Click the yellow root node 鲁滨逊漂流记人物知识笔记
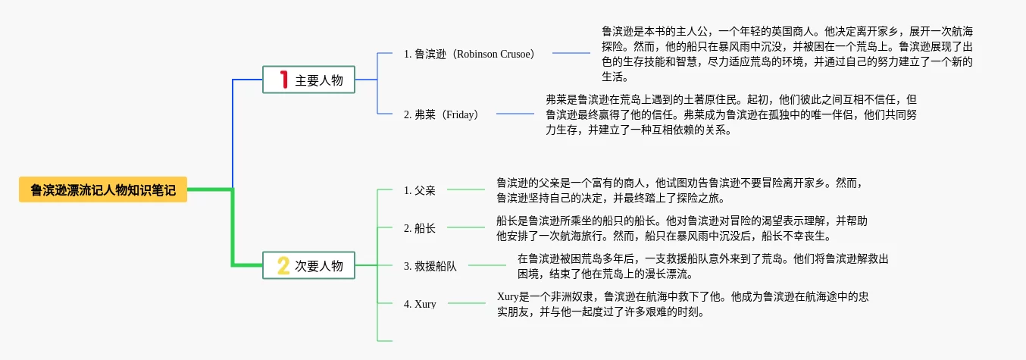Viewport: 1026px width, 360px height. (x=103, y=189)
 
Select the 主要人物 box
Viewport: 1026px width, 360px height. (x=308, y=80)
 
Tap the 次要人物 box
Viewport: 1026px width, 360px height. (x=308, y=265)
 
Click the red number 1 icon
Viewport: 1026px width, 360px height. (x=284, y=80)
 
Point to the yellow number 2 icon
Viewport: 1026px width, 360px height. (x=283, y=266)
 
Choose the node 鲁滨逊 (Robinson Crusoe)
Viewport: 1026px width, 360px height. (x=468, y=54)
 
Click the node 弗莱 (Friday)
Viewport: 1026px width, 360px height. (x=440, y=114)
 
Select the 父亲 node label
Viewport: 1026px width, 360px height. (x=420, y=190)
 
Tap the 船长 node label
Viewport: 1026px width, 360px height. (x=420, y=228)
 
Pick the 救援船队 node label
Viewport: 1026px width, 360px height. (x=430, y=266)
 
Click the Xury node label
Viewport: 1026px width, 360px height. (x=420, y=304)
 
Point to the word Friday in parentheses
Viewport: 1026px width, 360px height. (x=459, y=114)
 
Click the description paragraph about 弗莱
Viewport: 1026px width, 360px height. (x=731, y=114)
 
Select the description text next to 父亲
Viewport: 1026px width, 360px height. (x=680, y=190)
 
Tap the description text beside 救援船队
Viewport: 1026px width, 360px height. (x=703, y=266)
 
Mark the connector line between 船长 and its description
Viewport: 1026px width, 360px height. (x=466, y=227)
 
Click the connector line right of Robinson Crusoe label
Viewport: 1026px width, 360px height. (x=571, y=53)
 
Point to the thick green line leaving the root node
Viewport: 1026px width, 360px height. (x=233, y=227)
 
